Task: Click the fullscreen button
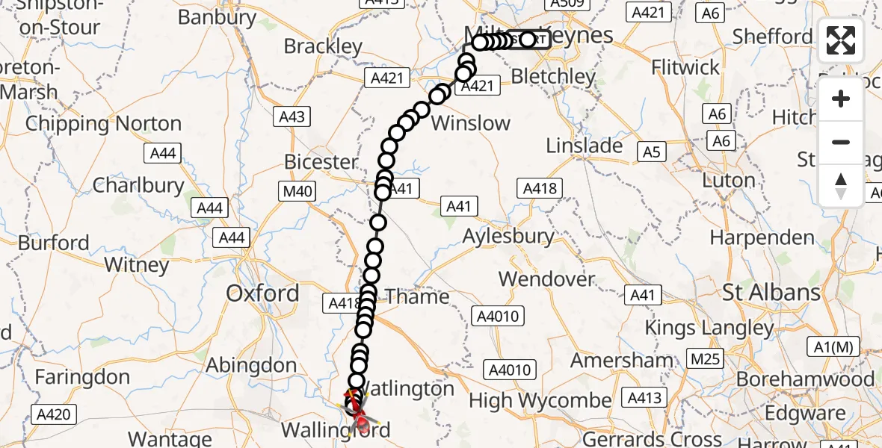tap(841, 40)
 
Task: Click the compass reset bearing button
tap(841, 185)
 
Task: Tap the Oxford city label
tap(262, 293)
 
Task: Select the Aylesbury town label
tap(508, 237)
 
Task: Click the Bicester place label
tap(321, 162)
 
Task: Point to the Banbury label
tap(217, 17)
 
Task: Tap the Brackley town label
tap(323, 46)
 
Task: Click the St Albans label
tap(771, 292)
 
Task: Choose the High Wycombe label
tap(540, 401)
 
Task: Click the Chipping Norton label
tap(103, 124)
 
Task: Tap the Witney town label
tap(137, 265)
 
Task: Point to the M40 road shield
tap(297, 192)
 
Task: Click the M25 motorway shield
tap(705, 359)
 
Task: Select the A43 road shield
tap(292, 117)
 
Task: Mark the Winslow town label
tap(471, 123)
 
